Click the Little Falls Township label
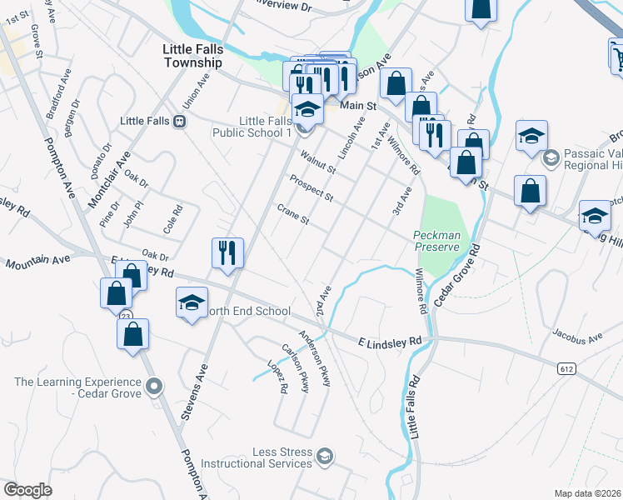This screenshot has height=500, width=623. [x=193, y=57]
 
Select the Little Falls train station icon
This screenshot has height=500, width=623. [x=179, y=121]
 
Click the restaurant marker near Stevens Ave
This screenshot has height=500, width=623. [x=227, y=252]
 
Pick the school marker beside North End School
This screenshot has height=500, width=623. [x=192, y=302]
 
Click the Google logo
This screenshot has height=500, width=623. [x=27, y=490]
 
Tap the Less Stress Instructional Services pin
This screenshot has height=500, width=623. [x=325, y=456]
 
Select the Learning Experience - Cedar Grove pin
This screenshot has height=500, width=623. [x=152, y=386]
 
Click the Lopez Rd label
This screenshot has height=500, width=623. [x=277, y=377]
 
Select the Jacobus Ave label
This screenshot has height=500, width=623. [x=576, y=337]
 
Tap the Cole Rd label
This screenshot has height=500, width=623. [x=172, y=219]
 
